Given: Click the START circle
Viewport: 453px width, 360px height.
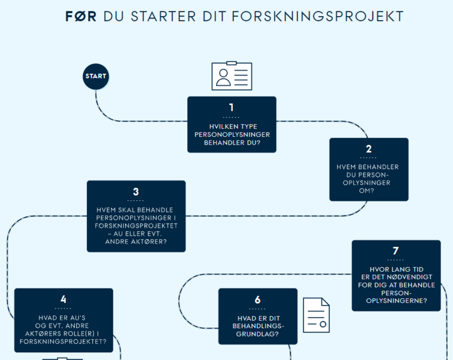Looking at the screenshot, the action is coord(95,76).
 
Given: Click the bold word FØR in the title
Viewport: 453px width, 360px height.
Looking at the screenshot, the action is coord(81,16).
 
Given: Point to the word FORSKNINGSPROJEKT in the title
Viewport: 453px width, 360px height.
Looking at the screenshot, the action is coord(317,16).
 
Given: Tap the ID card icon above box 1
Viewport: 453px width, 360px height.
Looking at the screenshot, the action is coord(232,76).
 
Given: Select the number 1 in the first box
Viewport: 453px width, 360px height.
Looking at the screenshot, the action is coord(232,107).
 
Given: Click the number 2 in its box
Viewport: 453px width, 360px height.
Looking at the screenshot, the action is coord(368,149).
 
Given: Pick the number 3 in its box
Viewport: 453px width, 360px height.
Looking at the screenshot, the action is coord(136,191).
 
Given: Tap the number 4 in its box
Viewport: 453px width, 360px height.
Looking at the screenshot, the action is coord(63,299).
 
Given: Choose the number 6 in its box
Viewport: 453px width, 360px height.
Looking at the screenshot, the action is coord(257,299).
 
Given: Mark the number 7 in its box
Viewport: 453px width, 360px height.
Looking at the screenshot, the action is coord(396,250).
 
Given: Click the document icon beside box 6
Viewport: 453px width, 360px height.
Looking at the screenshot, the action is coord(316,315).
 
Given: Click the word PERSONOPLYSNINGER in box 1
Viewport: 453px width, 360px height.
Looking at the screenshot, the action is coord(232,134).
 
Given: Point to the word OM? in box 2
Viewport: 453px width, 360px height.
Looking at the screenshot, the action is coord(367,191).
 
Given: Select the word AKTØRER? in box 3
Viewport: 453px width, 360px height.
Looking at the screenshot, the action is coord(151,242).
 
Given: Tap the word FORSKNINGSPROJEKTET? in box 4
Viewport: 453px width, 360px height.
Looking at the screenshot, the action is coord(63,341).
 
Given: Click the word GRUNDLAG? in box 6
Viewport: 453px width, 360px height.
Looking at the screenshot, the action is coord(257,334).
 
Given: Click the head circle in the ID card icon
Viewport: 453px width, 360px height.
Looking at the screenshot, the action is coord(223,73).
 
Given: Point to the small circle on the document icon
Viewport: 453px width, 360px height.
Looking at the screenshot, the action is coord(323,324).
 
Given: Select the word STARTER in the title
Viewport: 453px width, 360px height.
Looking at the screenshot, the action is coord(164,16).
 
